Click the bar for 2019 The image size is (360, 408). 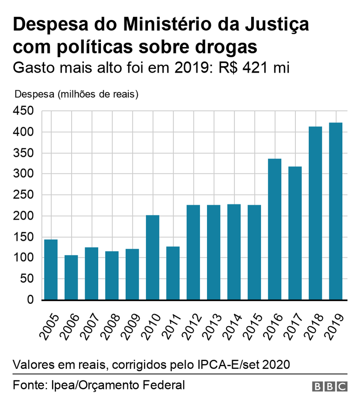coord(335,211)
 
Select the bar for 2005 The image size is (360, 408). coord(51,269)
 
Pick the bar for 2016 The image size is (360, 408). coord(274,229)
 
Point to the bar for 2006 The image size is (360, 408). coord(71,277)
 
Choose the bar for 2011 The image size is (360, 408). coord(173,273)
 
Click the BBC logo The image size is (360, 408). coord(330,386)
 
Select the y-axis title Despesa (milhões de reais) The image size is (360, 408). coord(77,94)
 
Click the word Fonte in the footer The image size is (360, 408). coord(29,385)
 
